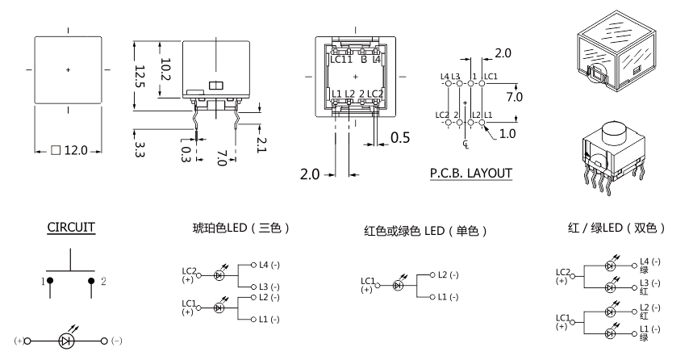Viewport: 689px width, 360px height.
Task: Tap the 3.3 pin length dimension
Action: pos(139,149)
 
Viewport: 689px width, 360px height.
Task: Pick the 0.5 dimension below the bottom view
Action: pos(400,138)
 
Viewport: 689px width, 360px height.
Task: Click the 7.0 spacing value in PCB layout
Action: pos(514,96)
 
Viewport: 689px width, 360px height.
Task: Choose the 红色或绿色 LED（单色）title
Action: pos(424,231)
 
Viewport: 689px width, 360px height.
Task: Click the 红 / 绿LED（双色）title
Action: pos(616,228)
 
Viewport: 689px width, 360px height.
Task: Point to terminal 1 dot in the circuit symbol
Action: pos(49,280)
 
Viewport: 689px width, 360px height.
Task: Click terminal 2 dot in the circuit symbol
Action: pos(92,280)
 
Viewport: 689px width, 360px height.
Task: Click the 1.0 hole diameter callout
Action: pos(507,134)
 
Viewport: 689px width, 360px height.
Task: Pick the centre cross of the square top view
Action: pos(68,70)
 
